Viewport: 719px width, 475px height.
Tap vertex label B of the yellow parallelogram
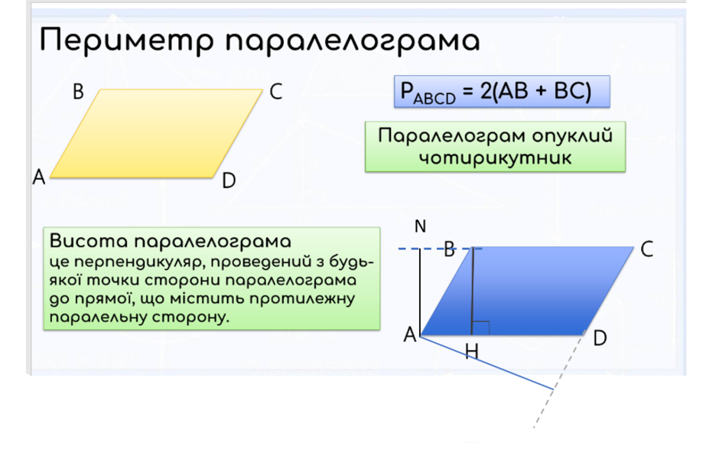click(x=78, y=93)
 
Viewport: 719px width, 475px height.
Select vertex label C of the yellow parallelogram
click(x=276, y=93)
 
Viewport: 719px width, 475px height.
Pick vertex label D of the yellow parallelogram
click(x=228, y=181)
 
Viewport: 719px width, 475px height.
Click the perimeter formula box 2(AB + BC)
click(x=502, y=92)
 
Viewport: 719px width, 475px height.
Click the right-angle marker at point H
click(x=481, y=328)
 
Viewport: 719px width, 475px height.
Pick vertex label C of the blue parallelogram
click(x=646, y=249)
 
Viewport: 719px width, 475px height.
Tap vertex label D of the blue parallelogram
click(x=600, y=337)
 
